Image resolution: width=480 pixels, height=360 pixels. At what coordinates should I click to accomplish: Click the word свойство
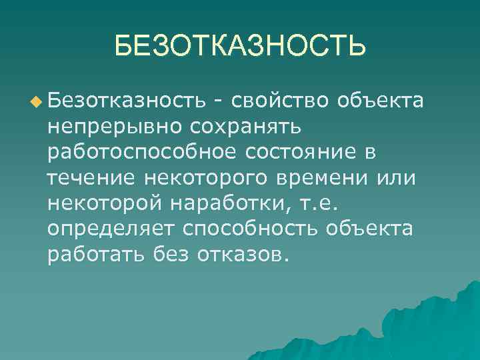(280, 101)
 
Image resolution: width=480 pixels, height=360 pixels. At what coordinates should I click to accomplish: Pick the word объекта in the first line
(381, 101)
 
